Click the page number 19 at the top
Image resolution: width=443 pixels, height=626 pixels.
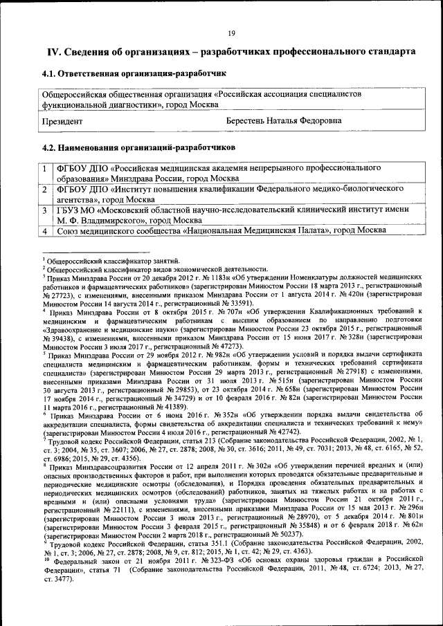point(232,33)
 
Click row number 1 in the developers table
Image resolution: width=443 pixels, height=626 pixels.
point(44,168)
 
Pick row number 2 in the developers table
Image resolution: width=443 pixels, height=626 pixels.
point(44,189)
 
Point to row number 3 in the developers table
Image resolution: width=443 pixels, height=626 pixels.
point(44,210)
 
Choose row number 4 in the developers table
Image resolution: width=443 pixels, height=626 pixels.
point(44,230)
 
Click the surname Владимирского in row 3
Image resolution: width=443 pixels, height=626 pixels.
point(105,220)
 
